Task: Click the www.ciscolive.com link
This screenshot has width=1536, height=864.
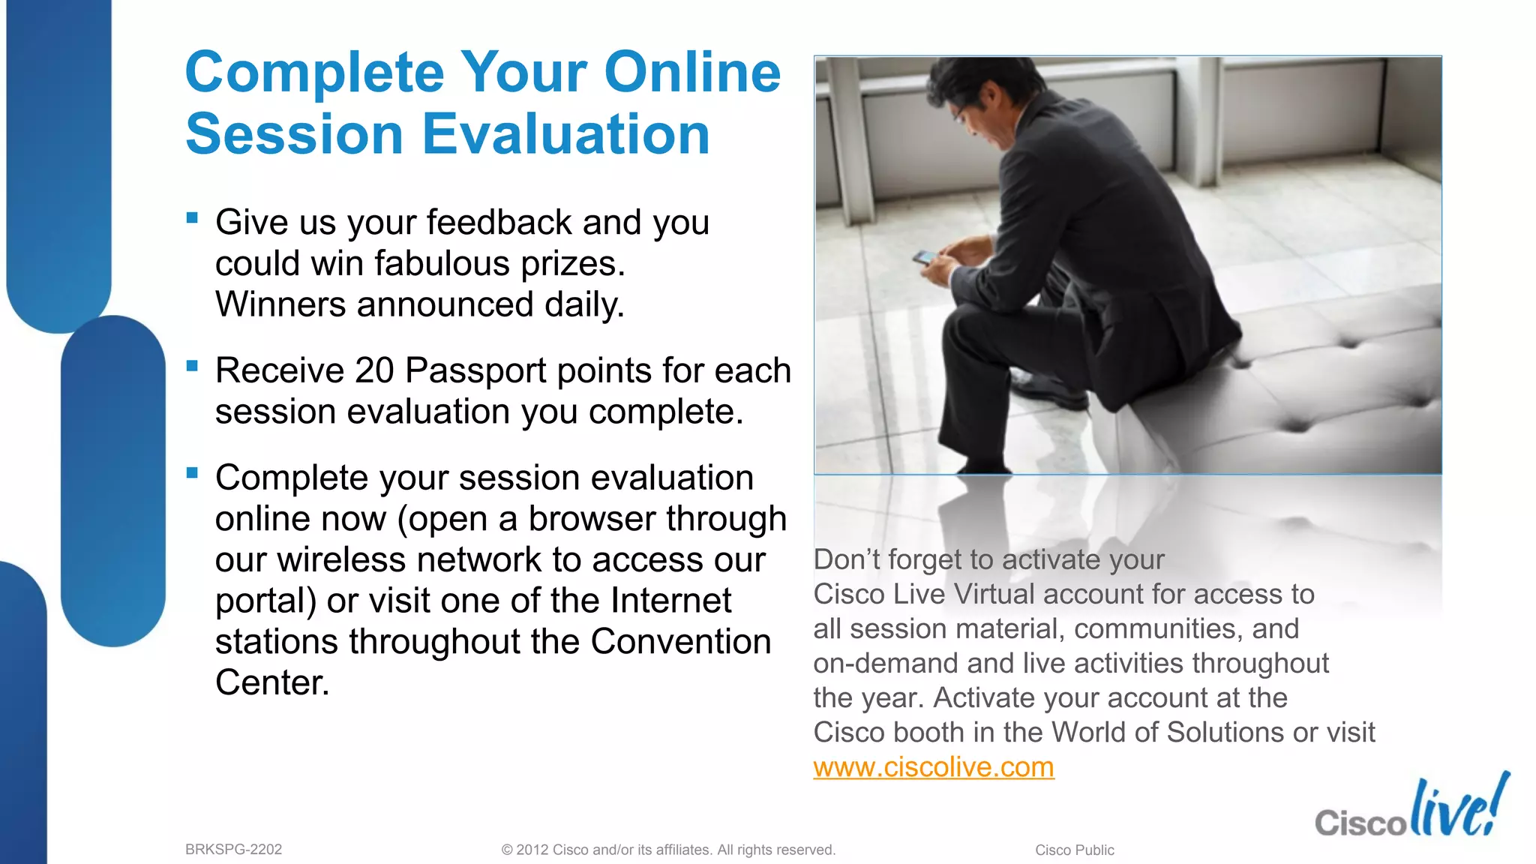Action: (x=933, y=767)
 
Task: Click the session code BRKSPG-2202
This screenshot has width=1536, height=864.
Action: (x=233, y=850)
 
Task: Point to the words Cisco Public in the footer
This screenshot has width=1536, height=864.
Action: (x=1074, y=850)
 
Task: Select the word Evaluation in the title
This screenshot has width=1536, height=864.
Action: (x=565, y=135)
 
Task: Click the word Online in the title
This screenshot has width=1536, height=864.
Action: (x=692, y=73)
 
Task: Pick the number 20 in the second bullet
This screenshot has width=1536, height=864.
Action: (x=374, y=370)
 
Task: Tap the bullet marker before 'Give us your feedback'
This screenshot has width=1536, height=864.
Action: (x=193, y=218)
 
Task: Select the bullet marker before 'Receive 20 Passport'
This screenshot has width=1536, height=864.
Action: (x=193, y=366)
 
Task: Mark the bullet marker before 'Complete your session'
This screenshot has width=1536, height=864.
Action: (x=193, y=473)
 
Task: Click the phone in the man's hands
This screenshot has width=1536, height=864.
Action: (x=925, y=257)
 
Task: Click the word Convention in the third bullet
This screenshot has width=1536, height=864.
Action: (x=680, y=642)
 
